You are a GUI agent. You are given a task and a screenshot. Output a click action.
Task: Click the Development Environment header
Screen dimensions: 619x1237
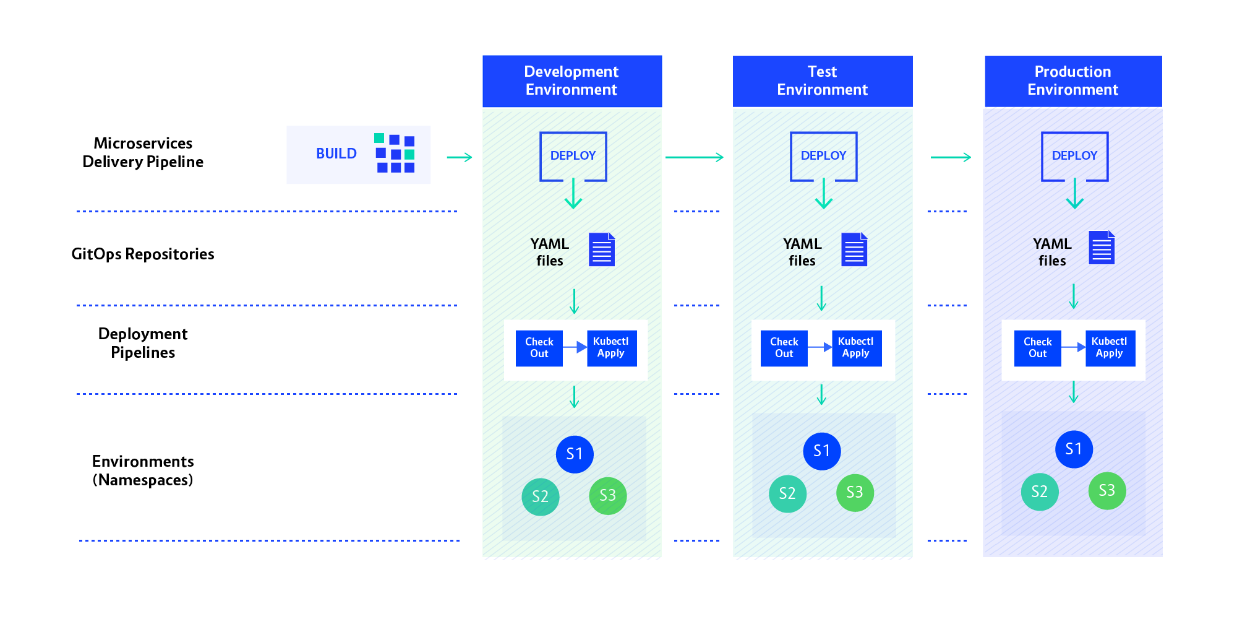571,80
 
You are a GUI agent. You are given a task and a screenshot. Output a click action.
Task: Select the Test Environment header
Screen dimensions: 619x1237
822,80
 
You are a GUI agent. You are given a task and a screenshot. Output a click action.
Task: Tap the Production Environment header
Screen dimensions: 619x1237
1072,80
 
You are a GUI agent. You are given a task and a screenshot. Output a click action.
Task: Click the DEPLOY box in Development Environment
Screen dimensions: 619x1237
573,156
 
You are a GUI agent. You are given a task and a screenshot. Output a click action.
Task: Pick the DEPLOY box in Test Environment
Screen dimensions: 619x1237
823,156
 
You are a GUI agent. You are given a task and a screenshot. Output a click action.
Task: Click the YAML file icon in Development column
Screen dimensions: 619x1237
601,249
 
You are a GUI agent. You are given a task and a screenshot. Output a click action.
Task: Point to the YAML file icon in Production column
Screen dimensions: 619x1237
1102,248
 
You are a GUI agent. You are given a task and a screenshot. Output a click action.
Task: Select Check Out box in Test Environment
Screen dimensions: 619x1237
784,348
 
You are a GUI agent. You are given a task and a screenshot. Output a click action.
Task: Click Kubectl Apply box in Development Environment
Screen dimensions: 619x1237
611,348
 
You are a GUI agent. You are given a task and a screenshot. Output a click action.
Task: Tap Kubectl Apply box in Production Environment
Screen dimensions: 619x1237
1110,348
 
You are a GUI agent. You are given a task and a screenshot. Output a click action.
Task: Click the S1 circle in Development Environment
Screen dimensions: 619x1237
575,454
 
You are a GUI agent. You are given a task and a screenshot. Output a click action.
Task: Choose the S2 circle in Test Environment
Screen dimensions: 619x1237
787,493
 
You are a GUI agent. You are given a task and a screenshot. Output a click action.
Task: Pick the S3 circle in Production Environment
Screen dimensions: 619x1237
1106,491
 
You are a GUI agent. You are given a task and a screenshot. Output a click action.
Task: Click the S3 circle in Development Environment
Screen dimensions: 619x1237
607,495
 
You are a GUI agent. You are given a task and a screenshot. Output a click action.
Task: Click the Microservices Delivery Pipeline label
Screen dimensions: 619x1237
143,153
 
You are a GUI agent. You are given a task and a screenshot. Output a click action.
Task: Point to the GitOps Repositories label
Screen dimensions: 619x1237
143,254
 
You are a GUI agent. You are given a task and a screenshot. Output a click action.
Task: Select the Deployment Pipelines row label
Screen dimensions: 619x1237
143,344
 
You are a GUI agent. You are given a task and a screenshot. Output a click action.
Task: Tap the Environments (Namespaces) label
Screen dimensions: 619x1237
143,471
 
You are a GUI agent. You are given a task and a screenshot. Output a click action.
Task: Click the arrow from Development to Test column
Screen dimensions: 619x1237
694,157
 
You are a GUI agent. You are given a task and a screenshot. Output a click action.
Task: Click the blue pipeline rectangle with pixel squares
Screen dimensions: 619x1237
358,155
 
